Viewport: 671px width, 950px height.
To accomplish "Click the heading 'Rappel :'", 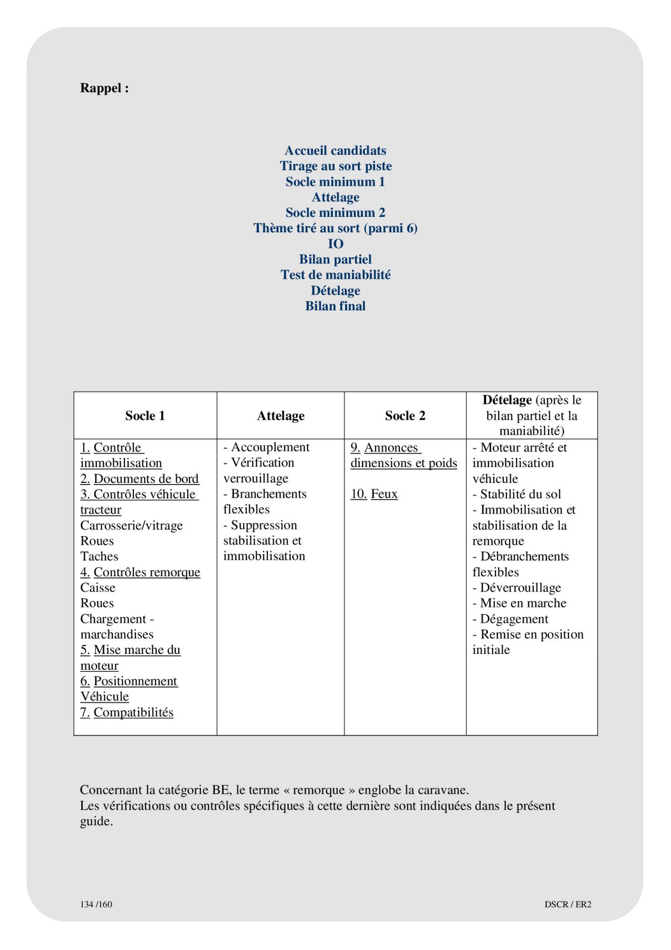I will (x=104, y=88).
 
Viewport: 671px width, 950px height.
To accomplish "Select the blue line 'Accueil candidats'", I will (x=335, y=150).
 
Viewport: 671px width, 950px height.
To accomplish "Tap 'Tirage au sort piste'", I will (x=335, y=166).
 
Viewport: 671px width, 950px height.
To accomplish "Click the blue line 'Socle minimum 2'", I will (x=335, y=213).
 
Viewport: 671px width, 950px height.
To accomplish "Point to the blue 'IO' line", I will (x=335, y=244).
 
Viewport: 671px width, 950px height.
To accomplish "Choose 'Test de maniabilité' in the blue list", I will (x=335, y=275).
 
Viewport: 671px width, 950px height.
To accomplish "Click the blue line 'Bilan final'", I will (x=335, y=306).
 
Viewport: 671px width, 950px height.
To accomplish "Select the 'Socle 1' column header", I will (x=145, y=416).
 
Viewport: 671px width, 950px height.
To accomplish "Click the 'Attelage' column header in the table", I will (x=281, y=416).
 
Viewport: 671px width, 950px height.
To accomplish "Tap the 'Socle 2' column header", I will (x=405, y=416).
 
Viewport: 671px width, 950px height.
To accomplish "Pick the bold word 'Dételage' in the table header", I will (x=507, y=400).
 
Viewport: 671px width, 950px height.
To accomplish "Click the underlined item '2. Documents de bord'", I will (x=140, y=479).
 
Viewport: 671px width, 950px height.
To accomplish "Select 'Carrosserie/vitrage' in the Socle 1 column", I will (x=131, y=526).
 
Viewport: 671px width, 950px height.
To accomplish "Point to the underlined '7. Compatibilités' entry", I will (x=127, y=712).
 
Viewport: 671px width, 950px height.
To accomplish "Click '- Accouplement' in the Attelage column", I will (x=266, y=448).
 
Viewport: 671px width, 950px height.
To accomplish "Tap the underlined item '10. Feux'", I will (x=374, y=494).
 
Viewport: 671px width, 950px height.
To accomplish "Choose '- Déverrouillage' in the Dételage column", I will (x=517, y=588).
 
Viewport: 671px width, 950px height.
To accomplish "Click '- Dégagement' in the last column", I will (x=511, y=619).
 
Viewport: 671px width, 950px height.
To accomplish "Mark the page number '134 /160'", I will (x=96, y=904).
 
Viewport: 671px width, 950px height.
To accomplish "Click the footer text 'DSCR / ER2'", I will (x=568, y=904).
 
